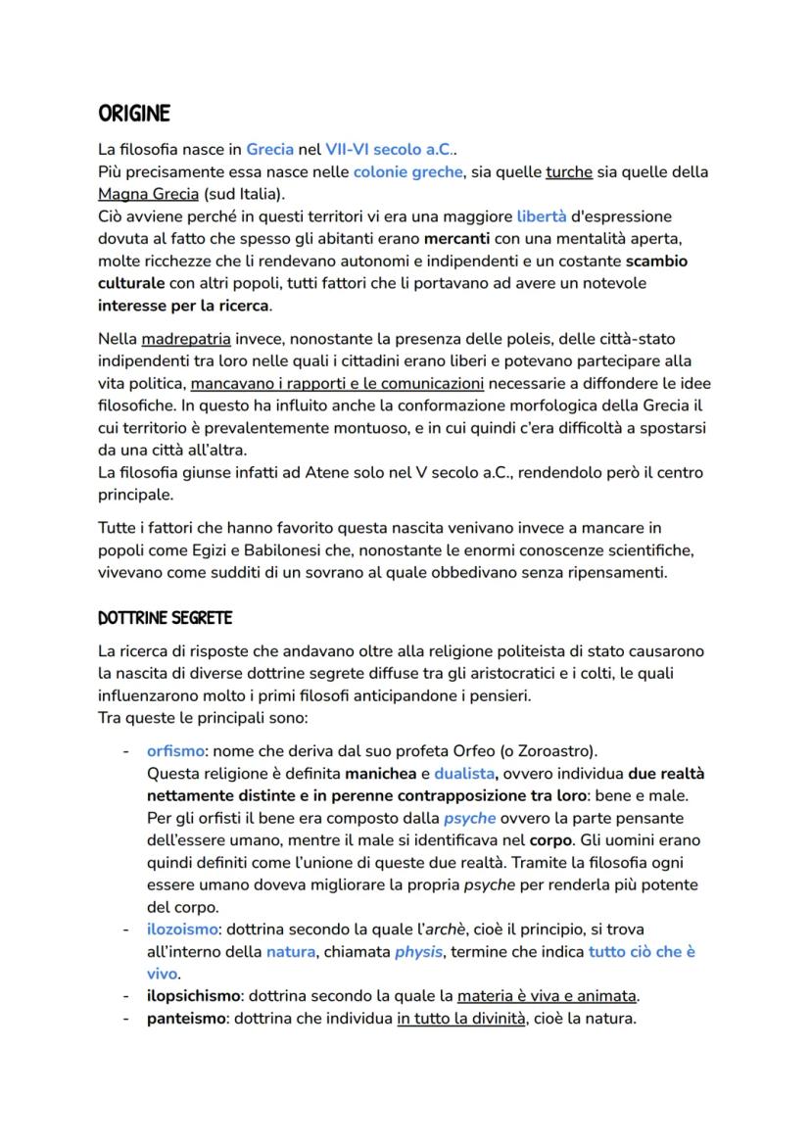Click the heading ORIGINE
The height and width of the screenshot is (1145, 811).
(x=134, y=115)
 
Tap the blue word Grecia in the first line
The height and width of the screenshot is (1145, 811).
(x=269, y=151)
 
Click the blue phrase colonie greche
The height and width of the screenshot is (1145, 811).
(x=407, y=172)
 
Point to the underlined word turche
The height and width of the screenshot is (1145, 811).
(x=568, y=172)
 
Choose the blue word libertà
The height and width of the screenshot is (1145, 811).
(x=541, y=215)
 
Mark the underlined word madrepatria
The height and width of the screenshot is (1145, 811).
(x=186, y=339)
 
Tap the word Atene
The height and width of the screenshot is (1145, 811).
(x=317, y=473)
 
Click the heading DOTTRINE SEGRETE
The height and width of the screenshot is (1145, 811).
(x=165, y=619)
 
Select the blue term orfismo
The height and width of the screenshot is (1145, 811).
(x=176, y=751)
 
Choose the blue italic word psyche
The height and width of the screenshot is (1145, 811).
(x=469, y=818)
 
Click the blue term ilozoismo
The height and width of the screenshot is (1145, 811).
(x=182, y=929)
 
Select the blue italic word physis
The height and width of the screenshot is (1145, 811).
(x=418, y=951)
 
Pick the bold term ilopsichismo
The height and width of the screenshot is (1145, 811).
(x=194, y=996)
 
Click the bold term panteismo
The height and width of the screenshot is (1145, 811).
(x=186, y=1019)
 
